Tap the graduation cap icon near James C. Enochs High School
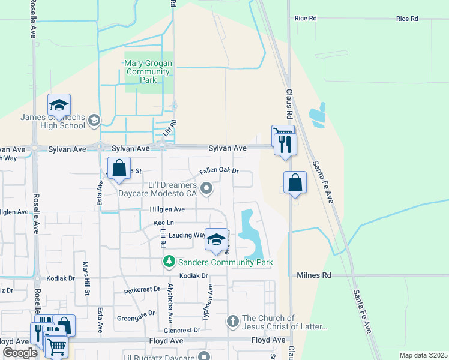click(x=59, y=106)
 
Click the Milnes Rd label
click(x=314, y=275)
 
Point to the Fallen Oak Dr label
click(x=219, y=171)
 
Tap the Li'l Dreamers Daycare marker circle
click(x=206, y=189)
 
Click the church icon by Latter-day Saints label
click(x=233, y=322)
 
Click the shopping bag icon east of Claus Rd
click(x=295, y=183)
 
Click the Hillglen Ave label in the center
click(x=167, y=209)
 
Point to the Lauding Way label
click(x=187, y=235)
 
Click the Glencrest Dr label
click(x=182, y=330)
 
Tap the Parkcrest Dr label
click(x=142, y=289)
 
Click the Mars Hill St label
click(x=86, y=281)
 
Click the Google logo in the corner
click(x=20, y=352)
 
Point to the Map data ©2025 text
click(x=423, y=355)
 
